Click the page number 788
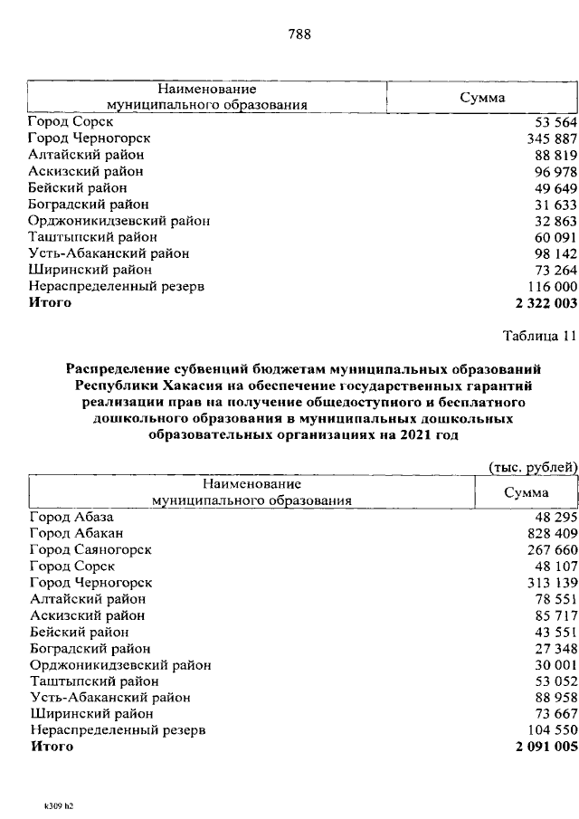pyautogui.click(x=299, y=35)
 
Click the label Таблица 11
pyautogui.click(x=539, y=337)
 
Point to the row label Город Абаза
pyautogui.click(x=71, y=517)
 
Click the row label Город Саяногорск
pyautogui.click(x=90, y=549)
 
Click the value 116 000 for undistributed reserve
pyautogui.click(x=551, y=286)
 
